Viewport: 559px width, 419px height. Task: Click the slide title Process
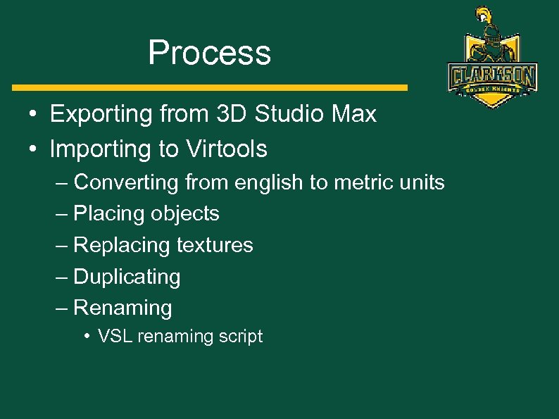tap(209, 54)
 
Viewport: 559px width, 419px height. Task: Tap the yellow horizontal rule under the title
tap(210, 88)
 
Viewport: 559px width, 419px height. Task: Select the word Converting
tap(126, 183)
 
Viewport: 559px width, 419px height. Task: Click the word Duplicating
tap(127, 277)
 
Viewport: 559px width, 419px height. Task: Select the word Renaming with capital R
tap(123, 308)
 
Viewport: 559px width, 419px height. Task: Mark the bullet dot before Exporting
tap(33, 115)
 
